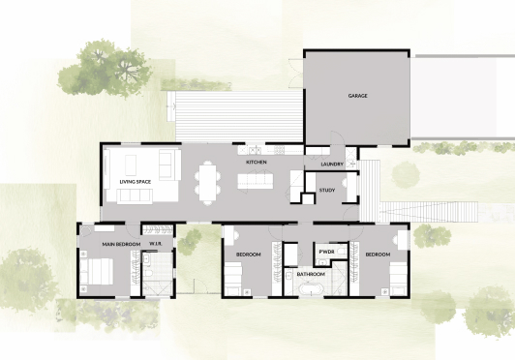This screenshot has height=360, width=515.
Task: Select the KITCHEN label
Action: [x=256, y=163]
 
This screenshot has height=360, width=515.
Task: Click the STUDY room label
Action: [x=327, y=190]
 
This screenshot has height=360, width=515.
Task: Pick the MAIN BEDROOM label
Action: [x=122, y=244]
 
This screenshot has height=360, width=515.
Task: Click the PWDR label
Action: [x=325, y=255]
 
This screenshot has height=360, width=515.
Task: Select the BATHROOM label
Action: [x=311, y=275]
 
